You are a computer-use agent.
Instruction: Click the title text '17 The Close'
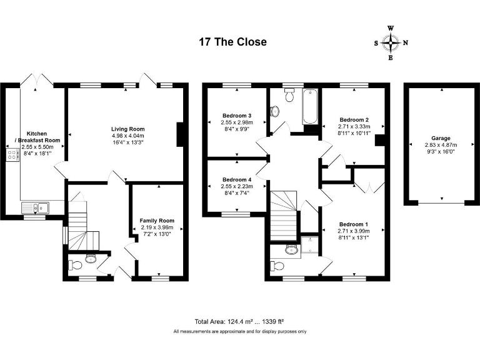point(232,42)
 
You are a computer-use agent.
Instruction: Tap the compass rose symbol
point(391,43)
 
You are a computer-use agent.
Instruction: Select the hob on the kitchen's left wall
point(11,155)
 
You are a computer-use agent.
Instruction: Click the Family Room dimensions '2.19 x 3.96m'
point(157,227)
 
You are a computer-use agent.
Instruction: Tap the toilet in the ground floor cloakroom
point(90,259)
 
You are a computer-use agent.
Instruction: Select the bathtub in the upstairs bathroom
point(310,107)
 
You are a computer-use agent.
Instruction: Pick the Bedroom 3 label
point(237,116)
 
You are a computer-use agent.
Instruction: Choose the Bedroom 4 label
point(237,180)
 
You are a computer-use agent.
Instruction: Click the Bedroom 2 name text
point(354,119)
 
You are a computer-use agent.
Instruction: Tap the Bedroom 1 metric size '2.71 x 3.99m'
point(354,231)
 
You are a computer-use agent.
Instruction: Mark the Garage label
point(441,138)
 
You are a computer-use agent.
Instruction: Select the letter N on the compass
point(405,43)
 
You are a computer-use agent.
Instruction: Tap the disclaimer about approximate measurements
point(239,331)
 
